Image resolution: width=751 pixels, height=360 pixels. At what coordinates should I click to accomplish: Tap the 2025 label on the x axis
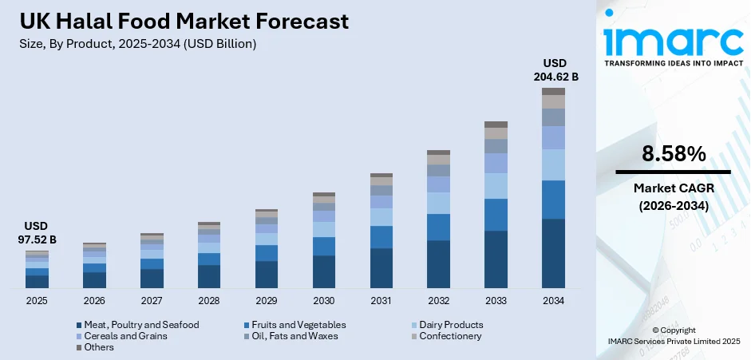click(x=37, y=301)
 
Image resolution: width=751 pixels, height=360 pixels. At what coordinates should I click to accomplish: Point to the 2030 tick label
click(x=324, y=301)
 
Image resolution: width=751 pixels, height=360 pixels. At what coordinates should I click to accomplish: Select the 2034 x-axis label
click(x=553, y=301)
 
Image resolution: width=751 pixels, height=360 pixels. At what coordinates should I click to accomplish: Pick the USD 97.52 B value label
click(x=37, y=233)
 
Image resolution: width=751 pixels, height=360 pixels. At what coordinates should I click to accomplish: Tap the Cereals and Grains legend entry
click(x=126, y=336)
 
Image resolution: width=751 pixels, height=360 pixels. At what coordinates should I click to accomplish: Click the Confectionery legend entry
click(x=445, y=336)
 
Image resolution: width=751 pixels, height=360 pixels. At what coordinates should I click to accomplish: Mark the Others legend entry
click(x=100, y=347)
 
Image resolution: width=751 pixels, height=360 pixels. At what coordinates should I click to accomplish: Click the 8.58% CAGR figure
click(x=673, y=154)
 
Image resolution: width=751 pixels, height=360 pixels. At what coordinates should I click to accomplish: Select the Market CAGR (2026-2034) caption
click(x=673, y=196)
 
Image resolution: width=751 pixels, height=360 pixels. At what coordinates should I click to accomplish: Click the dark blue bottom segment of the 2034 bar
click(x=553, y=253)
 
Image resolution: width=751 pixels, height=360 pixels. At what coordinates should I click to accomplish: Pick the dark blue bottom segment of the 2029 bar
click(x=267, y=274)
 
